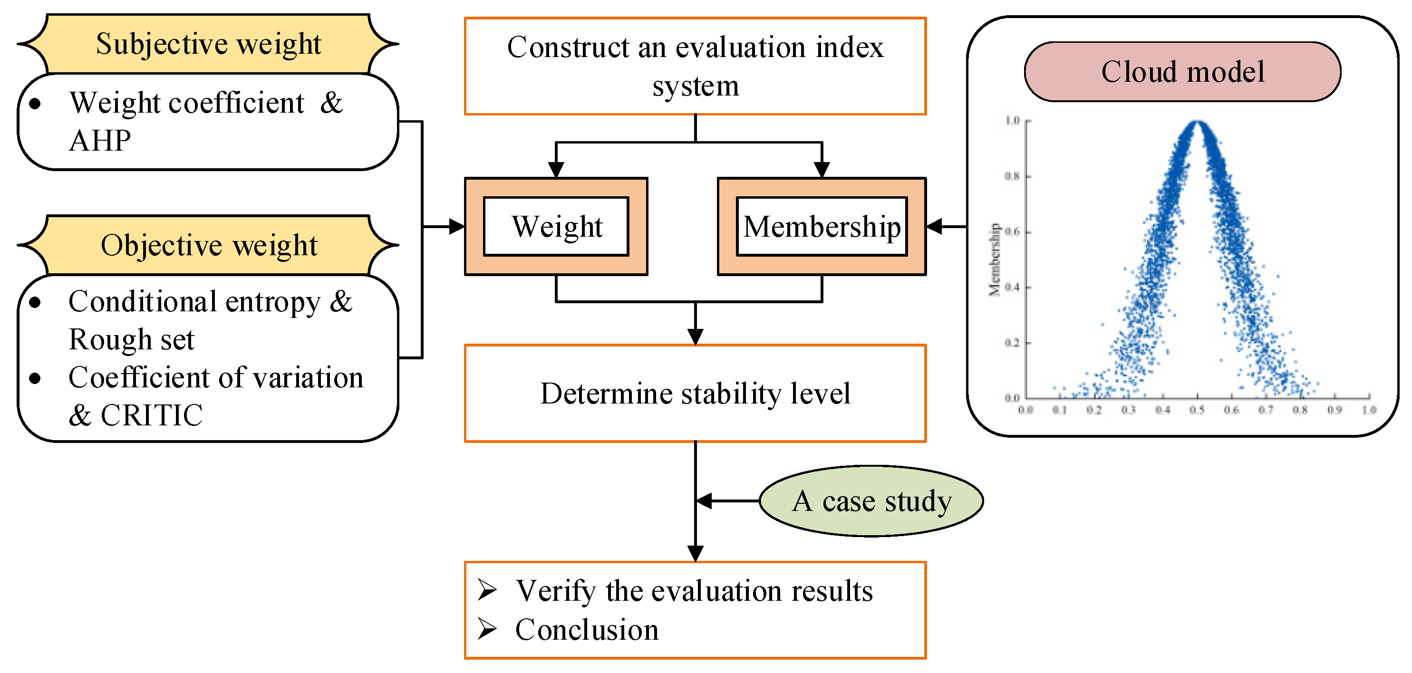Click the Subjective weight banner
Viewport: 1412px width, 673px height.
(208, 44)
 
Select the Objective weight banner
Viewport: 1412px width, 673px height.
(208, 245)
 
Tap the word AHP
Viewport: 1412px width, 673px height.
(100, 141)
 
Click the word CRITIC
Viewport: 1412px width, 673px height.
(152, 415)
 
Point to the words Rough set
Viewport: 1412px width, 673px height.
(132, 339)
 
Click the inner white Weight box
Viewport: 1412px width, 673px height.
(556, 226)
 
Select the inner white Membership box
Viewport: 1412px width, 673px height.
(821, 226)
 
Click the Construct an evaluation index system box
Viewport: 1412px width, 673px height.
(695, 66)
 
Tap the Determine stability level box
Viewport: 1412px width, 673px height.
(695, 393)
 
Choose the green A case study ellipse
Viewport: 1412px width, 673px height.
(871, 500)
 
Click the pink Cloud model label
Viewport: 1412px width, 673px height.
(1182, 72)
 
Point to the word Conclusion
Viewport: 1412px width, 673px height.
(587, 629)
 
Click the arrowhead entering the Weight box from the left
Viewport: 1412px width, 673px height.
(456, 226)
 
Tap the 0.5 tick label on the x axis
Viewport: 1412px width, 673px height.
(1197, 410)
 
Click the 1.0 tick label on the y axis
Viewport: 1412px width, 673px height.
(1012, 121)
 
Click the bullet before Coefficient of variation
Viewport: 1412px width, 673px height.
(35, 378)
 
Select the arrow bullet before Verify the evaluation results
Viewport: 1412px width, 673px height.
(487, 590)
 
